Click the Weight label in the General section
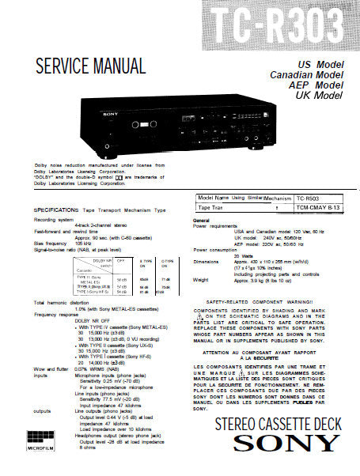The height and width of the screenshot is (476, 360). click(201, 279)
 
